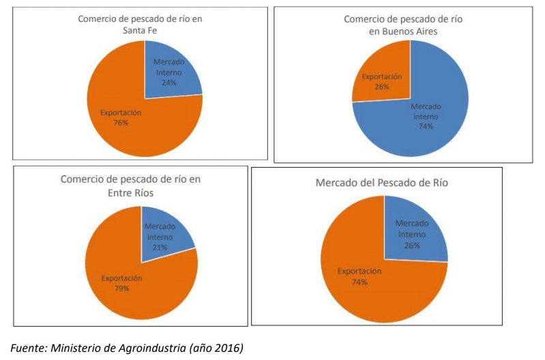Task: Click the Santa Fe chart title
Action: [x=141, y=24]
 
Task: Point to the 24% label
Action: [x=168, y=82]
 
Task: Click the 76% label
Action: [x=121, y=123]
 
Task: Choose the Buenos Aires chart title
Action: [x=402, y=25]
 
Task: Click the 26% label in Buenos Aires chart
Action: [x=382, y=87]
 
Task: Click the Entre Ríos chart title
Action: [x=130, y=186]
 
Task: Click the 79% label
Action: [x=122, y=288]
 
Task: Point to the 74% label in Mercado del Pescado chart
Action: [x=359, y=282]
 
